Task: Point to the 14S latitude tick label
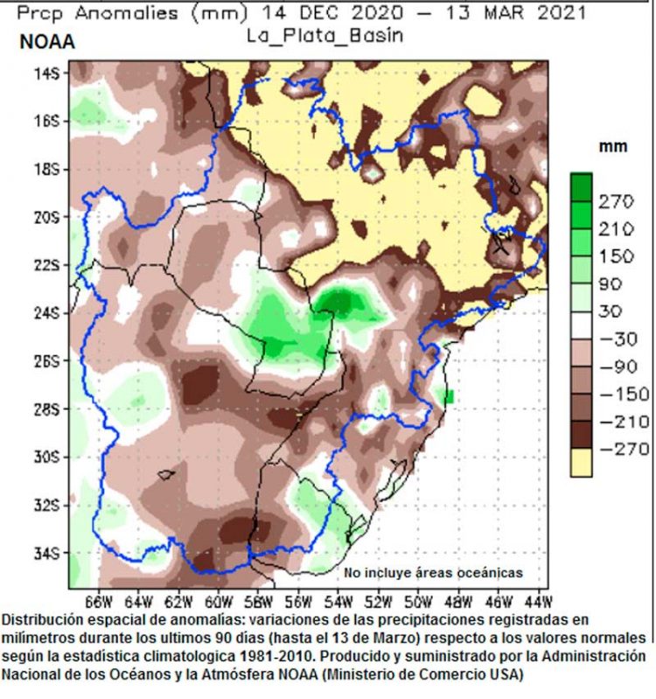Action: (x=46, y=73)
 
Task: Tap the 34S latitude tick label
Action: (x=46, y=553)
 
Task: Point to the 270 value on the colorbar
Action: (x=615, y=202)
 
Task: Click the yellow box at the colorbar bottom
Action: (x=581, y=463)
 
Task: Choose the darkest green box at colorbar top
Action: (x=581, y=187)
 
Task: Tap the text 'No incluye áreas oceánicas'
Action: (x=433, y=573)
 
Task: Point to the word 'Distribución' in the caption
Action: (x=41, y=619)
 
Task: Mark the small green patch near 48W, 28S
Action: (x=450, y=397)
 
